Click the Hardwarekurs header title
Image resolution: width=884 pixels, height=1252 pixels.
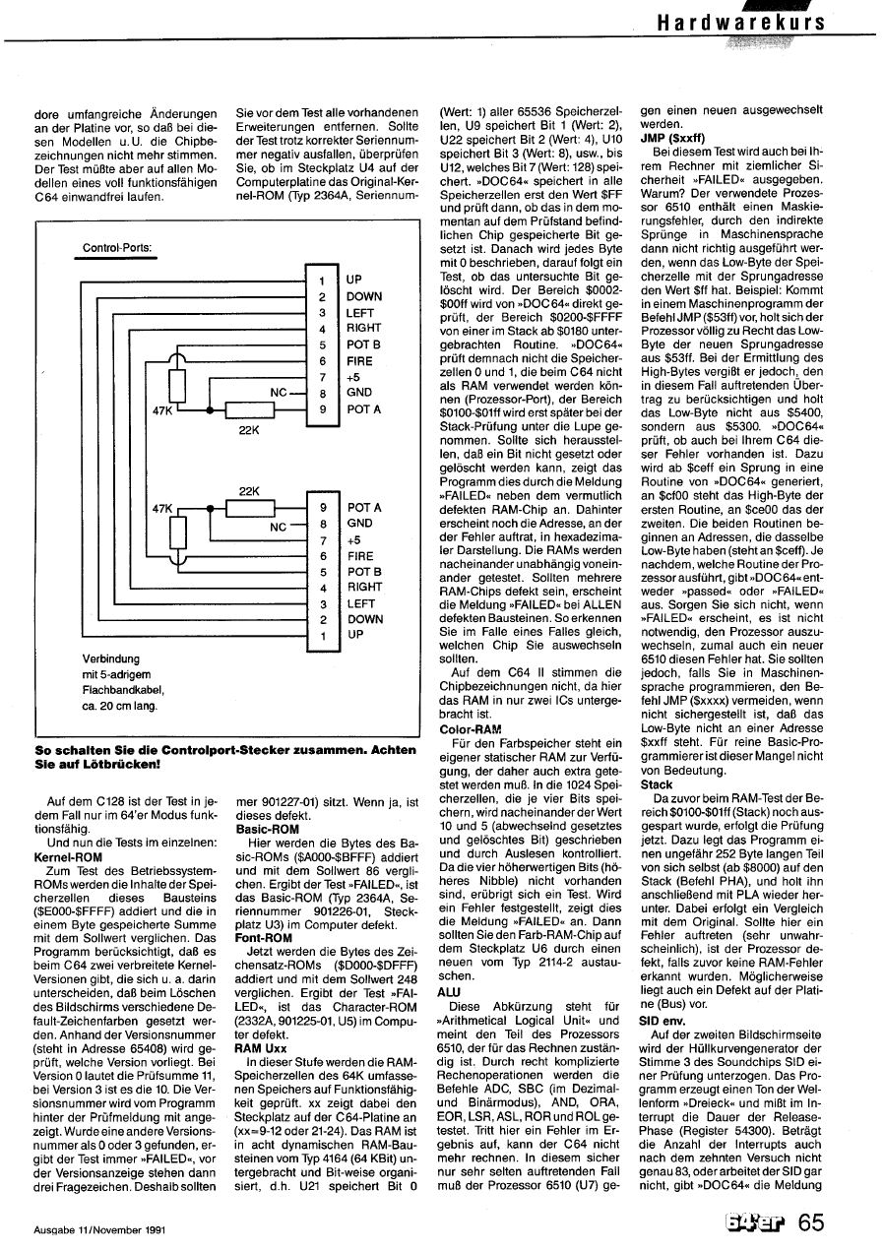[x=742, y=22]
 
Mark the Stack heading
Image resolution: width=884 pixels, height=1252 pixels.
[x=657, y=785]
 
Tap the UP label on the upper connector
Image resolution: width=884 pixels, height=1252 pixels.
[x=355, y=280]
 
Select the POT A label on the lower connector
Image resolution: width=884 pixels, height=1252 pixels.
[x=364, y=508]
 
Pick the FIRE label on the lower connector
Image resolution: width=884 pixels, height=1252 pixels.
[x=360, y=555]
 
